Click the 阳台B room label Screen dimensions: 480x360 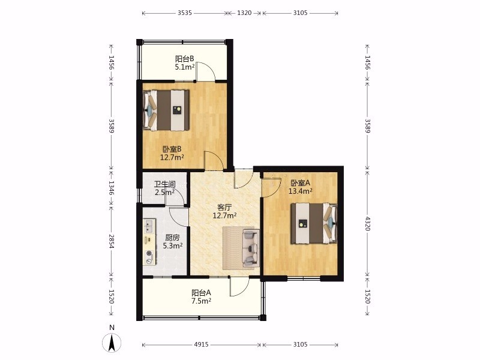click(x=184, y=58)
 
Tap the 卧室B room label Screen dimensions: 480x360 click(x=172, y=149)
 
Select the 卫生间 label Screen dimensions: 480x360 click(x=164, y=184)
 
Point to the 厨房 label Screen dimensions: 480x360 click(x=172, y=238)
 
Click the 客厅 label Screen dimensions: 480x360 click(x=224, y=207)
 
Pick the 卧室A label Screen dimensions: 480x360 click(x=301, y=183)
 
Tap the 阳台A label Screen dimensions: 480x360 click(x=201, y=293)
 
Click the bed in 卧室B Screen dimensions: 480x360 click(x=166, y=110)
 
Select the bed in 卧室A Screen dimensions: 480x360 click(x=314, y=223)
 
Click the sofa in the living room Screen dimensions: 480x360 click(x=251, y=248)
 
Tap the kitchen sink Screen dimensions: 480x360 click(x=149, y=226)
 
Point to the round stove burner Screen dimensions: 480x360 click(x=149, y=253)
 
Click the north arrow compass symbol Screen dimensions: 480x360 click(x=112, y=342)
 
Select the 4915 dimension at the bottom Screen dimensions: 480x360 click(x=202, y=344)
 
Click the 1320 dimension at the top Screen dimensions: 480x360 click(x=244, y=13)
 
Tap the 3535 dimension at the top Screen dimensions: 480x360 click(x=185, y=13)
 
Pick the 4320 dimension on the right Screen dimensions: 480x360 click(x=368, y=223)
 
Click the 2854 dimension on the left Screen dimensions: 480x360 click(x=112, y=242)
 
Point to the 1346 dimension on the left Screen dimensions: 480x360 click(x=112, y=188)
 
